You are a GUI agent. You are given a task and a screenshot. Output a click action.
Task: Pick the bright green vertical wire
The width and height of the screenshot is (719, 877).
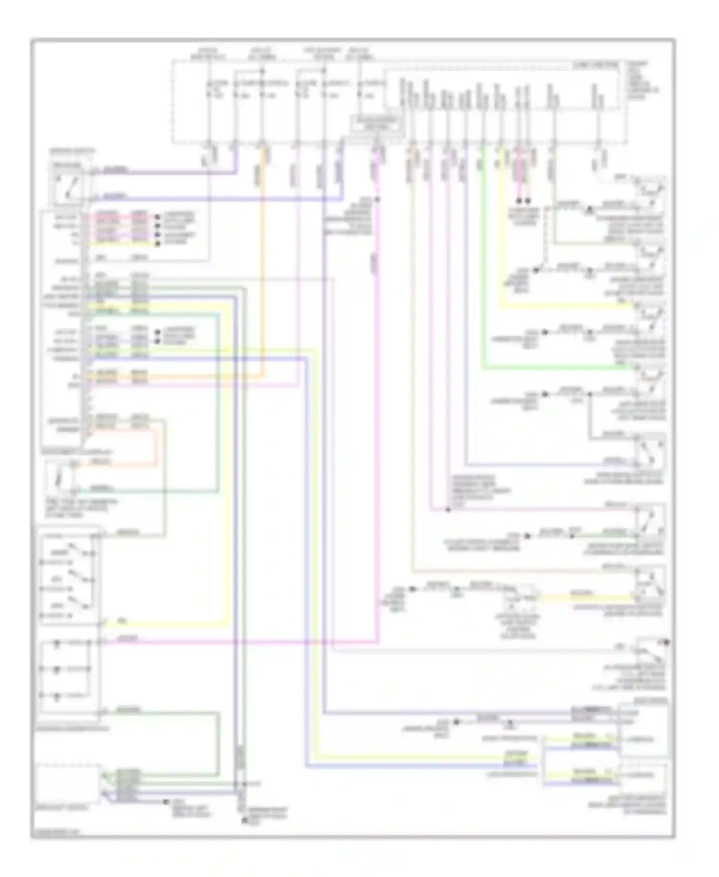point(483,259)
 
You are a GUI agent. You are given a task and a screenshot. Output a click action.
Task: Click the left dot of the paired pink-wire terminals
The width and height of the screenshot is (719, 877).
point(518,201)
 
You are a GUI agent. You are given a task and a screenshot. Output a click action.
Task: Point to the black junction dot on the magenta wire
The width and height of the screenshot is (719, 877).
point(378,199)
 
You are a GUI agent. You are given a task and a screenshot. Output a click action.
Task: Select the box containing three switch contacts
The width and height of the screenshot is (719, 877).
point(70,578)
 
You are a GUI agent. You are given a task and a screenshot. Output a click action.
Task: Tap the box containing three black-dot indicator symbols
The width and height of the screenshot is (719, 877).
point(70,676)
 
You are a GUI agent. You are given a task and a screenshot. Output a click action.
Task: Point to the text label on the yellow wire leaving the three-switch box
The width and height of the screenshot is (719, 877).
point(122,621)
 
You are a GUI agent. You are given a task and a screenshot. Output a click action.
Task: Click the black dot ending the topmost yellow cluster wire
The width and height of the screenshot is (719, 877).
point(157,244)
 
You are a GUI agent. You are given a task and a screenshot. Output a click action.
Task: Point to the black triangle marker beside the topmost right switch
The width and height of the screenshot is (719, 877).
point(590,210)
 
